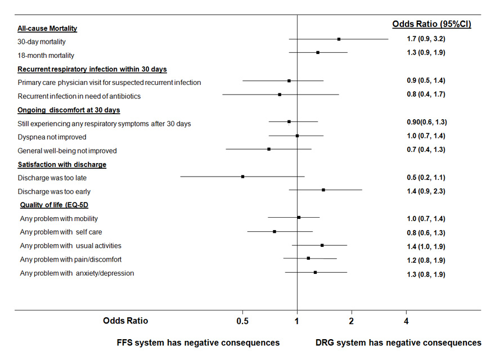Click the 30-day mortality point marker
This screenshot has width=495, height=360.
pyautogui.click(x=339, y=39)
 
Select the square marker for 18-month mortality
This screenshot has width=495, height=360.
pyautogui.click(x=318, y=52)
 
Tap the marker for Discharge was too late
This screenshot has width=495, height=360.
pyautogui.click(x=242, y=177)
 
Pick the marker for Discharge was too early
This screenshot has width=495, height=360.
pyautogui.click(x=323, y=190)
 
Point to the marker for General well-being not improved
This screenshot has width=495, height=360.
pyautogui.click(x=269, y=149)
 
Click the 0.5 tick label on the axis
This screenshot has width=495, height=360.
pyautogui.click(x=242, y=321)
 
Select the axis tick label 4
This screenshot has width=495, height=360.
pyautogui.click(x=406, y=321)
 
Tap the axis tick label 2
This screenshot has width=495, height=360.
pyautogui.click(x=352, y=321)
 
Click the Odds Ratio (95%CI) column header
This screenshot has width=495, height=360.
pyautogui.click(x=431, y=24)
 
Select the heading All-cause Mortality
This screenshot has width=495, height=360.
pyautogui.click(x=47, y=28)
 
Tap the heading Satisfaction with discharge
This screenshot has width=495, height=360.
pyautogui.click(x=62, y=164)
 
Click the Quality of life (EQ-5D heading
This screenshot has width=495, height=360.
pyautogui.click(x=54, y=205)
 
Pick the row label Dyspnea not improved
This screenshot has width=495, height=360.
pyautogui.click(x=52, y=137)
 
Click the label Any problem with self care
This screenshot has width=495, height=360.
pyautogui.click(x=69, y=232)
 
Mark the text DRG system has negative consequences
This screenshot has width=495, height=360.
pyautogui.click(x=398, y=343)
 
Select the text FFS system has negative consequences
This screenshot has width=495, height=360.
pyautogui.click(x=198, y=343)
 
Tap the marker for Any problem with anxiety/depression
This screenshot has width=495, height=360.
pyautogui.click(x=315, y=272)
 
